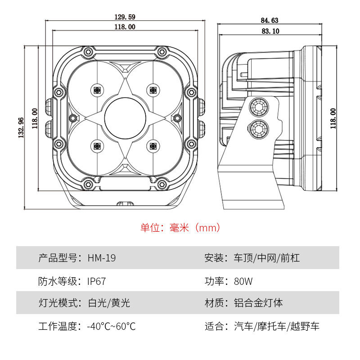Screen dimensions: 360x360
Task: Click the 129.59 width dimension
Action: [x=125, y=17]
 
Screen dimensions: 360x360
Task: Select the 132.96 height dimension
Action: [x=21, y=128]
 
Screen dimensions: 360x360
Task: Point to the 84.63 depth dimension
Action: [x=270, y=20]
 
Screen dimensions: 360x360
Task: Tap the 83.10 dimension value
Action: [x=270, y=31]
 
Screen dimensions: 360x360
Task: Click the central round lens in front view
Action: [x=125, y=118]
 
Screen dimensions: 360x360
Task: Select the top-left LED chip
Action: [x=97, y=90]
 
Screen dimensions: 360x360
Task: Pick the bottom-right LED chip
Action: [x=153, y=146]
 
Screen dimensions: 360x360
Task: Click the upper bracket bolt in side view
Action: [x=259, y=107]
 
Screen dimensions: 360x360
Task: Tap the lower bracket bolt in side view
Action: [x=258, y=129]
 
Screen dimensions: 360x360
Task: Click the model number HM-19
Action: [x=102, y=258]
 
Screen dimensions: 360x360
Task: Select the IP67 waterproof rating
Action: [x=96, y=282]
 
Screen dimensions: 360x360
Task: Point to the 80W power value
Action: [x=243, y=282]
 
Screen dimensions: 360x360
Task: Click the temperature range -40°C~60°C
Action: [x=111, y=326]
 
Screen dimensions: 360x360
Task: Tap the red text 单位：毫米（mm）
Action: [x=180, y=228]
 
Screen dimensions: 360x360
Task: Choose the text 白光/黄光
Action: [x=109, y=303]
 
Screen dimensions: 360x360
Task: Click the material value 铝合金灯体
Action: [x=258, y=303]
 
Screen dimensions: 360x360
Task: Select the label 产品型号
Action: [x=58, y=258]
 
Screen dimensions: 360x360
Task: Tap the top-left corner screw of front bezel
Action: [x=88, y=51]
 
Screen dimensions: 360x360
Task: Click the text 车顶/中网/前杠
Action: [x=267, y=258]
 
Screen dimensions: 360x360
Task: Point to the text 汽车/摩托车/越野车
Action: [x=277, y=326]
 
